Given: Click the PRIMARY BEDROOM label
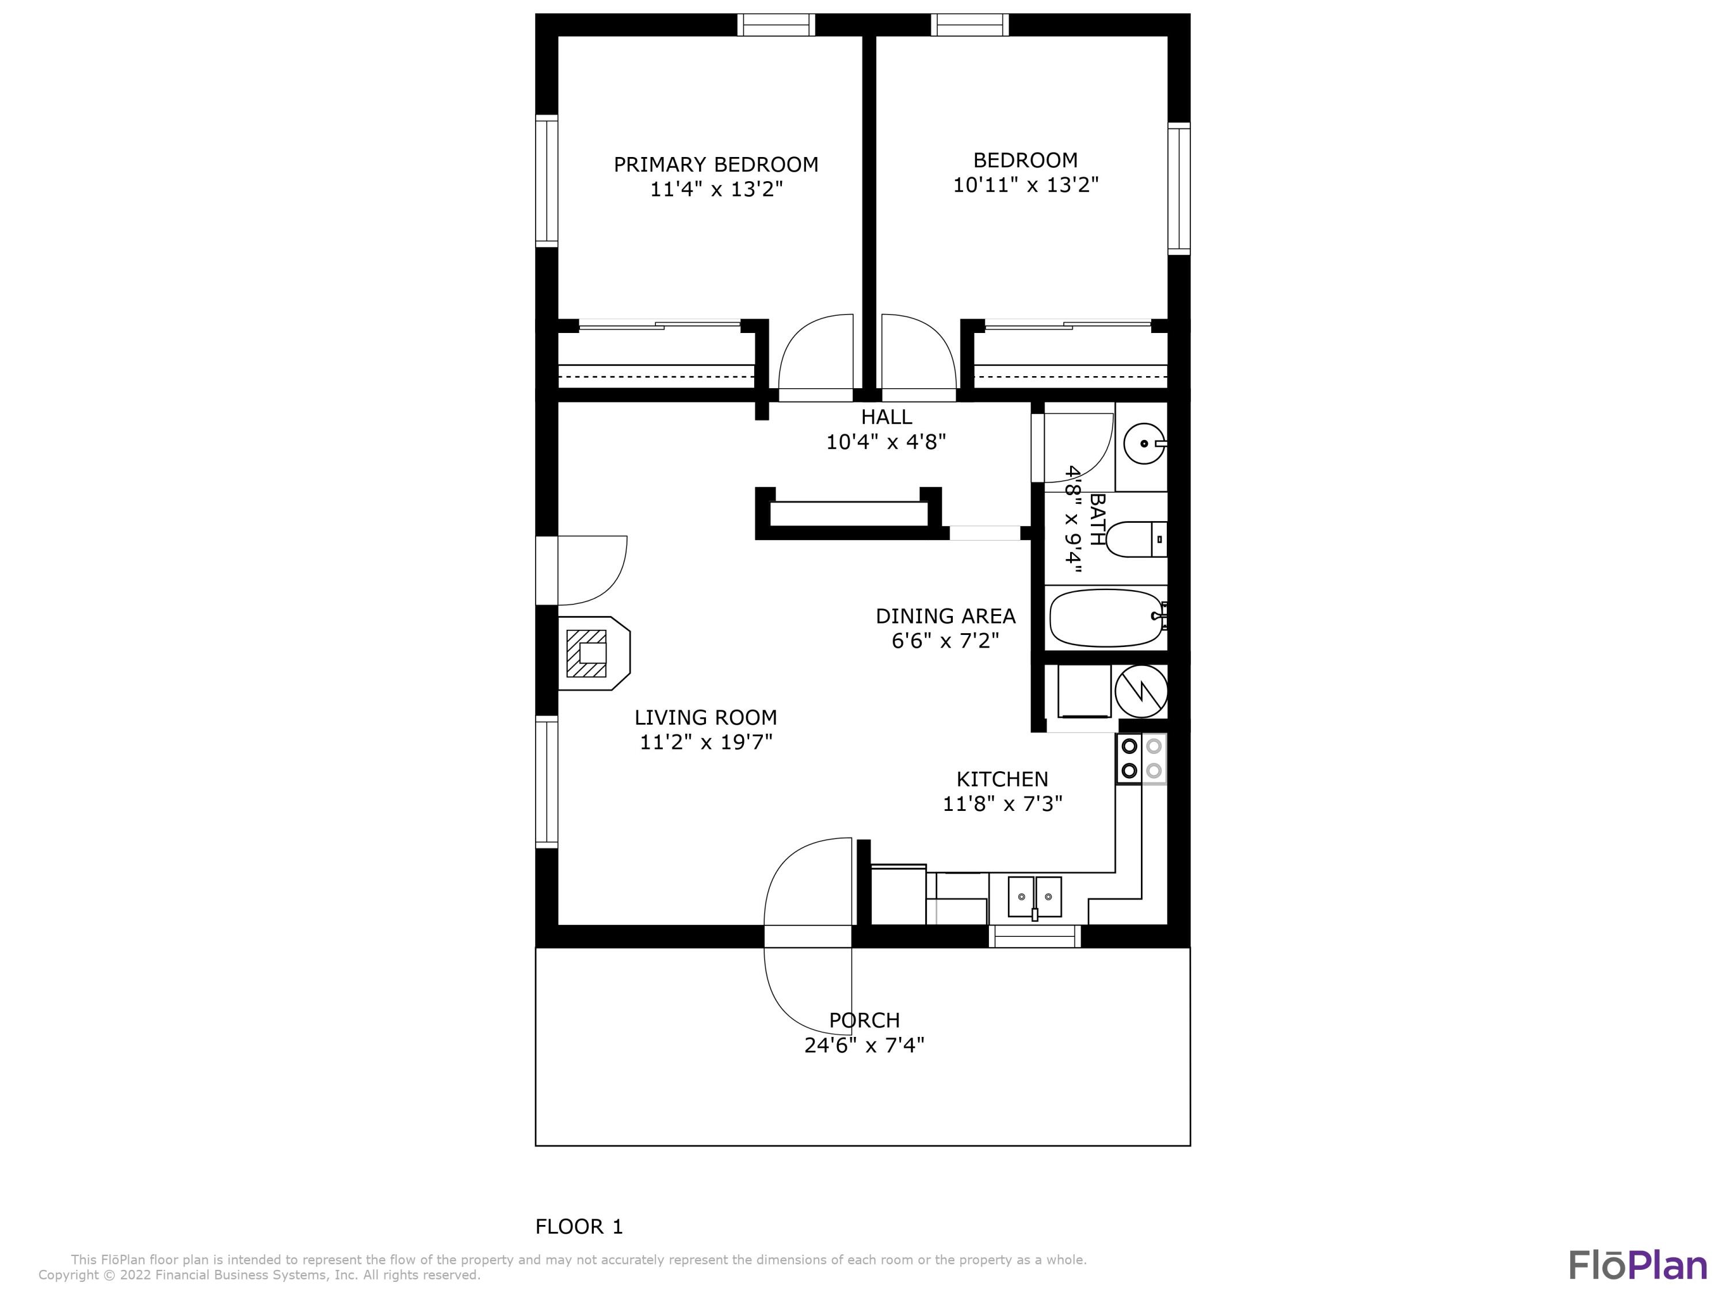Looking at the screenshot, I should (x=716, y=164).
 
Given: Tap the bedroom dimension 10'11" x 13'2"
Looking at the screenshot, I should (x=1025, y=185).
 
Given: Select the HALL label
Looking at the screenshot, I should (x=887, y=416).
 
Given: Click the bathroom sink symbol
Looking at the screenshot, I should (x=1144, y=444).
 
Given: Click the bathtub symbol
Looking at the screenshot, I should (x=1106, y=618).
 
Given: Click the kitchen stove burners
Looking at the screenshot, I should (x=1141, y=758).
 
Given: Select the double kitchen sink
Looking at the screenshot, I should (x=1034, y=897).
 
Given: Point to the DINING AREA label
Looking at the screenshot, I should (x=945, y=616).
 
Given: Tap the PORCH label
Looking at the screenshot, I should (x=864, y=1020).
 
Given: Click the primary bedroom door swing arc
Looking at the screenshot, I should (x=811, y=351).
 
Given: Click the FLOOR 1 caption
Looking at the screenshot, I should (x=579, y=1227).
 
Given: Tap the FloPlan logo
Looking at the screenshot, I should (x=1637, y=1265).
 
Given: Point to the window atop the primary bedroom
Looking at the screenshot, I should (x=776, y=25).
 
